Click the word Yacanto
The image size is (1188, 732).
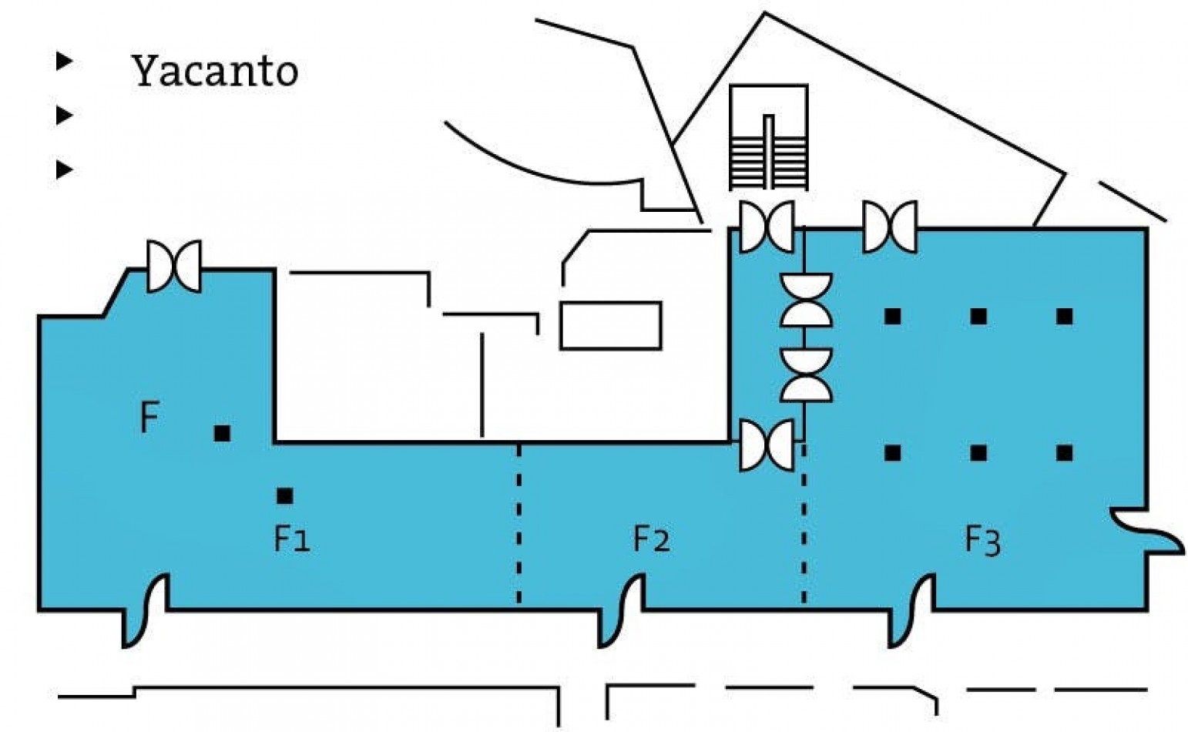215,71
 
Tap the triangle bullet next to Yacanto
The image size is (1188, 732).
64,61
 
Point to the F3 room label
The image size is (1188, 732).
982,541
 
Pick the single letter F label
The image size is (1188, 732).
149,417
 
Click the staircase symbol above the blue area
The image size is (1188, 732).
768,137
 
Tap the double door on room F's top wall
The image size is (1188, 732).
174,267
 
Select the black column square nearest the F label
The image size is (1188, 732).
222,433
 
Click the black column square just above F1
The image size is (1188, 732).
285,496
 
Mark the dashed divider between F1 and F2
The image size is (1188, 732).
518,523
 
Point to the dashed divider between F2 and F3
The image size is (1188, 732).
804,523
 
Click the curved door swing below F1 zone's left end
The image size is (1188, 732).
146,611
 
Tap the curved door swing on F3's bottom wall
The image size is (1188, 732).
912,611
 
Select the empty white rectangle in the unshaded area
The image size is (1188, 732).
611,326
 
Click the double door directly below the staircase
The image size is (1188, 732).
767,227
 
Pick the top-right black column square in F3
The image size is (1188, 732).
1065,316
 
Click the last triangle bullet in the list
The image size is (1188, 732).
64,170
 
